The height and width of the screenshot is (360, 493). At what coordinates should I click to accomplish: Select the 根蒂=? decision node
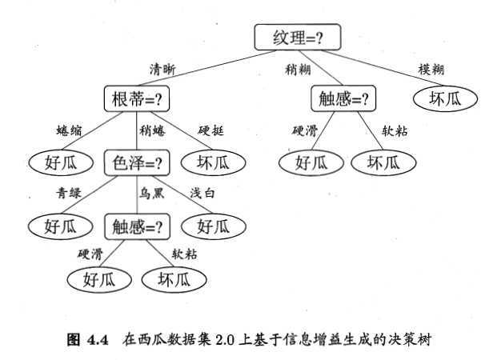click(x=138, y=99)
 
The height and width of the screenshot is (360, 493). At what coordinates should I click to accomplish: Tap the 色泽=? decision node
click(x=138, y=162)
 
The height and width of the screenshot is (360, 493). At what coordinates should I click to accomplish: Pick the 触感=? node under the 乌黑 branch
click(x=138, y=226)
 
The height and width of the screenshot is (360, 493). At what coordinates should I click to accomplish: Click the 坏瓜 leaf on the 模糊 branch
click(x=444, y=99)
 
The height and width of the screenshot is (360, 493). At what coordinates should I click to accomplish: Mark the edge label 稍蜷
click(x=152, y=130)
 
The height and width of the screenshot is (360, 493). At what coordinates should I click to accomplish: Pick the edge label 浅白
click(x=202, y=193)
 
